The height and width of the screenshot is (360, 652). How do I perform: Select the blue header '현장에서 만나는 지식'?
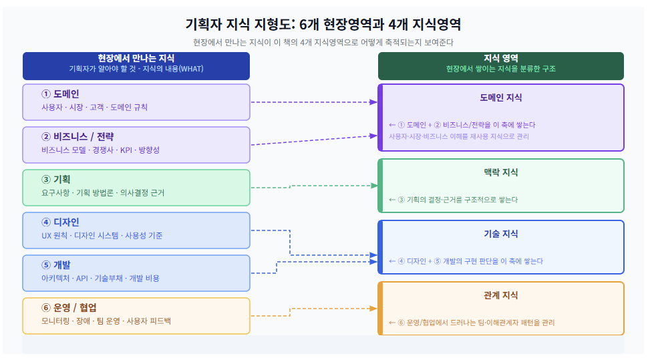click(136, 58)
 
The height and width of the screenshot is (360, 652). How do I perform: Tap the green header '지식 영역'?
click(500, 58)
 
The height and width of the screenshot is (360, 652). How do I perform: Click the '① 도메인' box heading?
click(60, 94)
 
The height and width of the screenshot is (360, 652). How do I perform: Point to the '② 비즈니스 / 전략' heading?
click(77, 137)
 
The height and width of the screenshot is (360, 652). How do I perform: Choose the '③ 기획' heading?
click(55, 180)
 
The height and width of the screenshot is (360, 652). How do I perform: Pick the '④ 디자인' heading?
click(60, 222)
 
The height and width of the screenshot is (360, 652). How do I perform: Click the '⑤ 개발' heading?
click(55, 265)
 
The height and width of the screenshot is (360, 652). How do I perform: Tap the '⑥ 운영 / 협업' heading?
click(69, 308)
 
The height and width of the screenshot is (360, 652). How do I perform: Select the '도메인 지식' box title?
click(500, 98)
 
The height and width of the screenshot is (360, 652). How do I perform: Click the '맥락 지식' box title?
click(500, 172)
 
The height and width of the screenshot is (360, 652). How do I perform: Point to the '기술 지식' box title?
click(500, 234)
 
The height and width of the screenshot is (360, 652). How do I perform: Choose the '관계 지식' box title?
click(500, 296)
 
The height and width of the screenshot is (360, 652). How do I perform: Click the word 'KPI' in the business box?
click(126, 150)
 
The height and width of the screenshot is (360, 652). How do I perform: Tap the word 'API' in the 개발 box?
click(82, 279)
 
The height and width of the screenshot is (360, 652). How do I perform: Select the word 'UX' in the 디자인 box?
click(46, 236)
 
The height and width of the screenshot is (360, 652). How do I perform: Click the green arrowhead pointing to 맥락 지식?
click(374, 186)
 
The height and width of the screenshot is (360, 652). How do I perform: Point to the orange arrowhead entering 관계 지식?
click(373, 309)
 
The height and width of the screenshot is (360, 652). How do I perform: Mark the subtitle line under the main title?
click(323, 42)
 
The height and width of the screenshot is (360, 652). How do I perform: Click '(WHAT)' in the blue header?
click(191, 69)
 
